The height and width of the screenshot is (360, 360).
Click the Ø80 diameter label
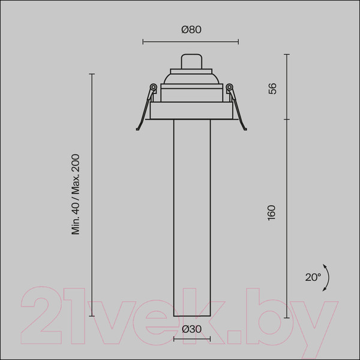[191, 30]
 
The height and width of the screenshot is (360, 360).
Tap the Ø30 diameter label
[192, 329]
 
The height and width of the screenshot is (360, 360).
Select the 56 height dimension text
[272, 89]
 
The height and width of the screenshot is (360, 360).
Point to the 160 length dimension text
[271, 213]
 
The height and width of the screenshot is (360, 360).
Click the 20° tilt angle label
[313, 277]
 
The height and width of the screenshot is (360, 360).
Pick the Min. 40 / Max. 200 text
[76, 194]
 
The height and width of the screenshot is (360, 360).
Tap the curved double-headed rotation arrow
[328, 278]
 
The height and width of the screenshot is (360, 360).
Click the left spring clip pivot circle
[153, 87]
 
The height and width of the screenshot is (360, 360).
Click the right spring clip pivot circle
[229, 87]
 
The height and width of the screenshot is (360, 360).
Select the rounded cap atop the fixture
[191, 61]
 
